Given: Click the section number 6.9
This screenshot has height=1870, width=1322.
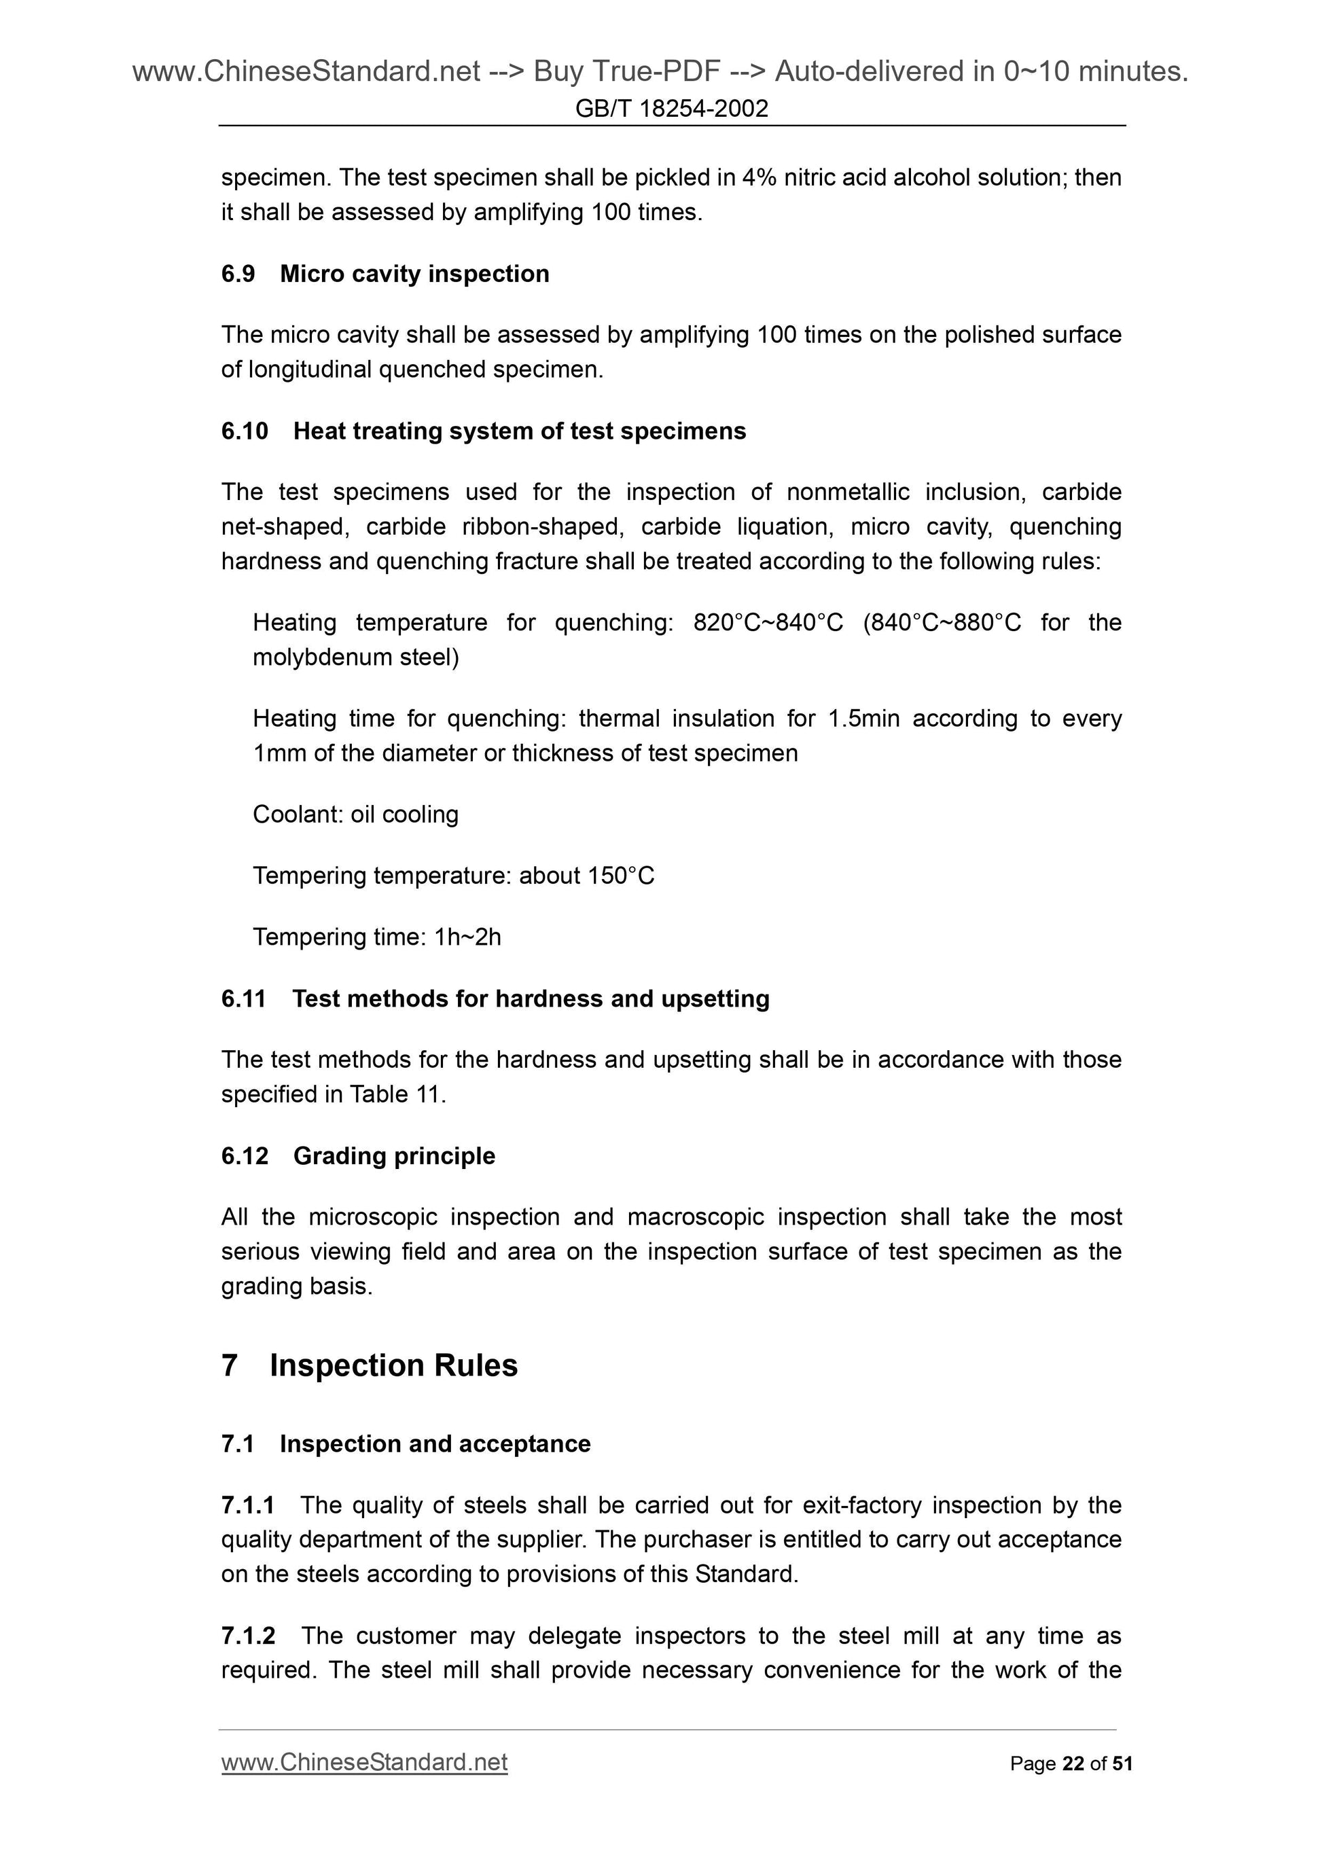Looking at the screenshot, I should [238, 274].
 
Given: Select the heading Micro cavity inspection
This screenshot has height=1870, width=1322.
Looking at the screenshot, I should [414, 274].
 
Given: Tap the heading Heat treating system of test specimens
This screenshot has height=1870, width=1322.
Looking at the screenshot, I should [519, 431].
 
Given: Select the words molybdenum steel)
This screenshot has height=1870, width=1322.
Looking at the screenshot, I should [356, 658].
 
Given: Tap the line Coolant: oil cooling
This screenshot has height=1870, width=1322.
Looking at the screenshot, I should [355, 814].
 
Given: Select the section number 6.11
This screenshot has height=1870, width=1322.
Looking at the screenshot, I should [244, 999].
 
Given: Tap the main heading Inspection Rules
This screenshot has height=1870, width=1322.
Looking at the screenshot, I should [393, 1366].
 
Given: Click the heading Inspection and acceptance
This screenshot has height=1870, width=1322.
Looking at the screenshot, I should [435, 1444].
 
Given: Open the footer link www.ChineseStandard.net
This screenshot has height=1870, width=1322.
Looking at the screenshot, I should [364, 1763].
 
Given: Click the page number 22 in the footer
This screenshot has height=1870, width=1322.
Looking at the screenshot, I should [1073, 1764].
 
